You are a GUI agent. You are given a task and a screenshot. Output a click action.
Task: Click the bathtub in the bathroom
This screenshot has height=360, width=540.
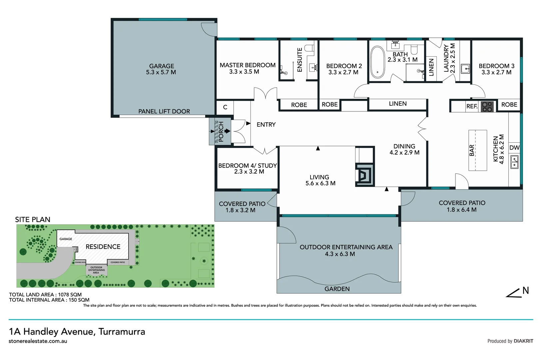pyautogui.click(x=377, y=62)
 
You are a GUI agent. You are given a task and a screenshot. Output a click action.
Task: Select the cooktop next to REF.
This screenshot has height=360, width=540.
pyautogui.click(x=487, y=106)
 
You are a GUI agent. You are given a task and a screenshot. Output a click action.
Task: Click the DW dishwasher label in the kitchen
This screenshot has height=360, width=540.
pyautogui.click(x=514, y=148)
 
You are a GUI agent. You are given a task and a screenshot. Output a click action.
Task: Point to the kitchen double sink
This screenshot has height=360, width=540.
pyautogui.click(x=514, y=162)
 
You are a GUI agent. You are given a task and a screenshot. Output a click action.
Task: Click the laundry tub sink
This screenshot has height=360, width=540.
pyautogui.click(x=465, y=69)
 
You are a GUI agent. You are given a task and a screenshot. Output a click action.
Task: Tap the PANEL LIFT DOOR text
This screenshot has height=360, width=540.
pyautogui.click(x=164, y=111)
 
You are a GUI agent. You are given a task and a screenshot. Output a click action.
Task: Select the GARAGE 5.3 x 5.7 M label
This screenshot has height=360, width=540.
pyautogui.click(x=161, y=69)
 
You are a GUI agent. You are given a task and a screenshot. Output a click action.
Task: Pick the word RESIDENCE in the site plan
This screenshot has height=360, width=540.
pyautogui.click(x=103, y=247)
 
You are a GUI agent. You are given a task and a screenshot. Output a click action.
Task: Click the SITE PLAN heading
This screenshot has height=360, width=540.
pyautogui.click(x=33, y=219)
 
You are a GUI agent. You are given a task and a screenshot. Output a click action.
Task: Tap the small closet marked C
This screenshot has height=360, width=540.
pyautogui.click(x=225, y=107)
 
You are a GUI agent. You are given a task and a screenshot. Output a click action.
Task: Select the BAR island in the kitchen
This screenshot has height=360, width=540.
pyautogui.click(x=477, y=150)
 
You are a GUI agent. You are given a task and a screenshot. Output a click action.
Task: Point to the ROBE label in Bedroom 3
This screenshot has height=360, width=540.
pyautogui.click(x=509, y=105)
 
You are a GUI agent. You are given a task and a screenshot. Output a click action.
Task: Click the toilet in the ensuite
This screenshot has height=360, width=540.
pyautogui.click(x=309, y=49)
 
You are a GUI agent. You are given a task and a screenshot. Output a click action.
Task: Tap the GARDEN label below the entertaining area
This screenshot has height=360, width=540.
pyautogui.click(x=337, y=289)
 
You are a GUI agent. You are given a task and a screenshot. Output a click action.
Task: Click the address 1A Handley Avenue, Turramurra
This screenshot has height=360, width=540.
pyautogui.click(x=77, y=332)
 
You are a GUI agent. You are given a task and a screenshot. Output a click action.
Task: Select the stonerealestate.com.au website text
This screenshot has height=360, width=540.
pyautogui.click(x=38, y=341)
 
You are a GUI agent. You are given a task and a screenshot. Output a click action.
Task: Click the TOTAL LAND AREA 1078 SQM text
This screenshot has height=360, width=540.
pyautogui.click(x=45, y=295)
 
